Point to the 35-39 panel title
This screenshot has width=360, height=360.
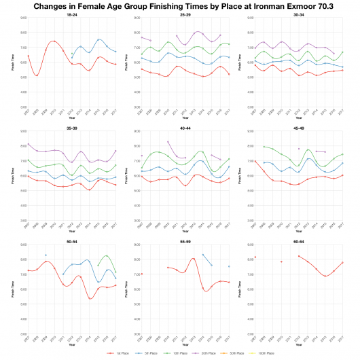point(71,126)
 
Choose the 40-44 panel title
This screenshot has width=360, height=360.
point(184,126)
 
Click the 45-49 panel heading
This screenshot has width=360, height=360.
point(298,126)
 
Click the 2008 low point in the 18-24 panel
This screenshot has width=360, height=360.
point(37,75)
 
